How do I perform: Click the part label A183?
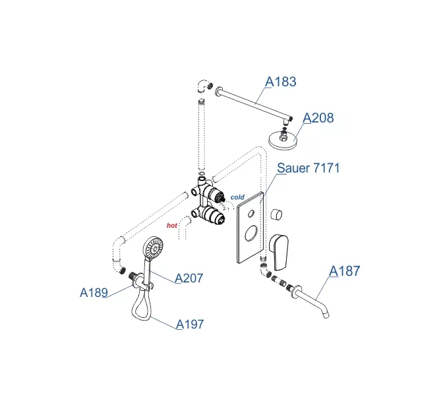click(x=281, y=82)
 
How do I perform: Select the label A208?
click(x=318, y=118)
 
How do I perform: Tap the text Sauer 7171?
click(x=309, y=168)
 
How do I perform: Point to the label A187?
click(x=345, y=271)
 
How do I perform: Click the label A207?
click(x=189, y=278)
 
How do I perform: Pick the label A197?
click(x=190, y=324)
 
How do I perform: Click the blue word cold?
click(x=237, y=197)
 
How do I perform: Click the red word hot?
click(x=173, y=225)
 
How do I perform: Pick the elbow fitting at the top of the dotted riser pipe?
click(x=202, y=85)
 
